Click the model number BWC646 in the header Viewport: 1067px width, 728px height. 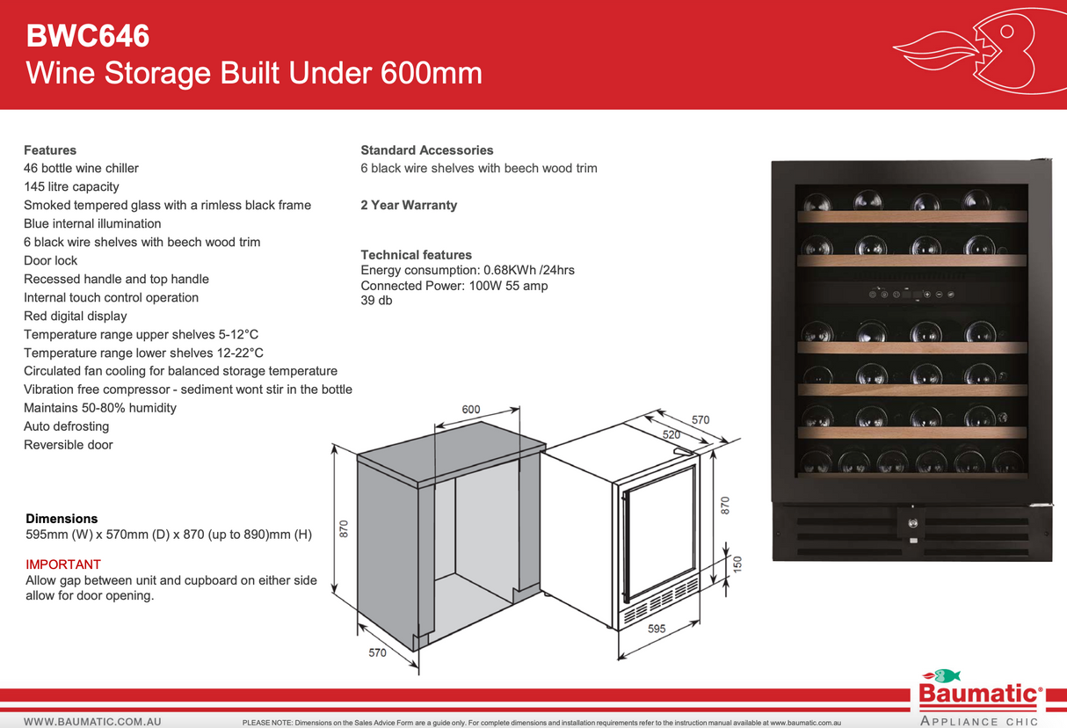pyautogui.click(x=88, y=36)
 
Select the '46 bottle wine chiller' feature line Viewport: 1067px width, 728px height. pyautogui.click(x=81, y=168)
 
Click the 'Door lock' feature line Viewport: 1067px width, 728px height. pyautogui.click(x=50, y=260)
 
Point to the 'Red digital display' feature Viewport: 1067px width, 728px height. pyautogui.click(x=76, y=316)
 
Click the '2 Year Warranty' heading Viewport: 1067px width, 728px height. pyautogui.click(x=409, y=205)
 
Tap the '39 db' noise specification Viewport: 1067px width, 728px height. pyautogui.click(x=376, y=301)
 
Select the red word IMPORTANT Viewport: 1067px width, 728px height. pyautogui.click(x=63, y=564)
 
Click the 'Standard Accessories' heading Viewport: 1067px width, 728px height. pyautogui.click(x=427, y=150)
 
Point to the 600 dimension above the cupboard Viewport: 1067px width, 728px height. pyautogui.click(x=471, y=410)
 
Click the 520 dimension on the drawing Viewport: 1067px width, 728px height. pyautogui.click(x=671, y=434)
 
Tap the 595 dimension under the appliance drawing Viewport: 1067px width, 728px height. pyautogui.click(x=657, y=629)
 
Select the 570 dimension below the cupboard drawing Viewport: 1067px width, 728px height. pyautogui.click(x=377, y=652)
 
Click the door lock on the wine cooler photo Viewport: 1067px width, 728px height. pyautogui.click(x=911, y=521)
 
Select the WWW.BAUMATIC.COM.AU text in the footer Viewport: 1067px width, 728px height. pyautogui.click(x=92, y=722)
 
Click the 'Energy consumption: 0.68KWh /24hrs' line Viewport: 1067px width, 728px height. pyautogui.click(x=468, y=271)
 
